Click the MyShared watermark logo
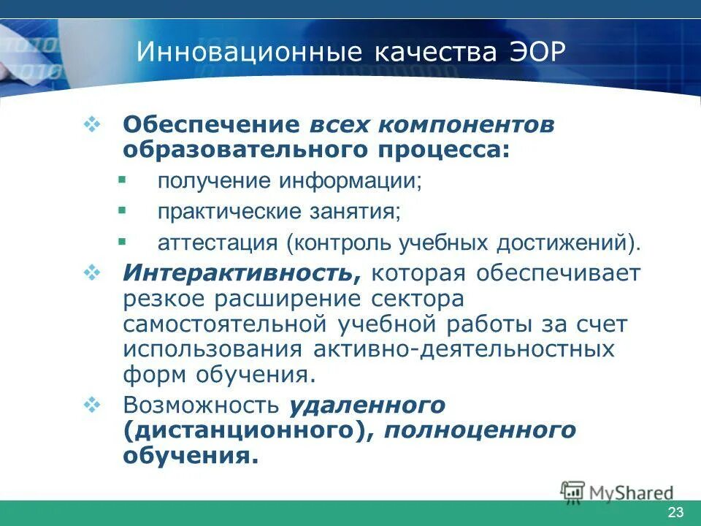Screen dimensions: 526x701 click(617, 492)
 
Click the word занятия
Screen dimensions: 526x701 click(361, 212)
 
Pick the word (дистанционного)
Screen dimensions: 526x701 click(245, 430)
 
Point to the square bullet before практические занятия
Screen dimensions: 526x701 click(122, 210)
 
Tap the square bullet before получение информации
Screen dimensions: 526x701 click(122, 179)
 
